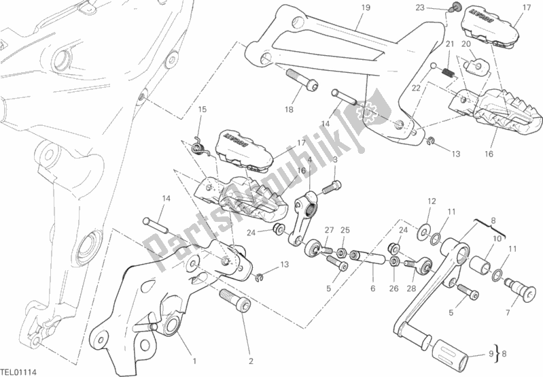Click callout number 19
(x=366, y=8)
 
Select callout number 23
(x=440, y=8)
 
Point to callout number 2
(x=251, y=361)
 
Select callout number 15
(x=202, y=110)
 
